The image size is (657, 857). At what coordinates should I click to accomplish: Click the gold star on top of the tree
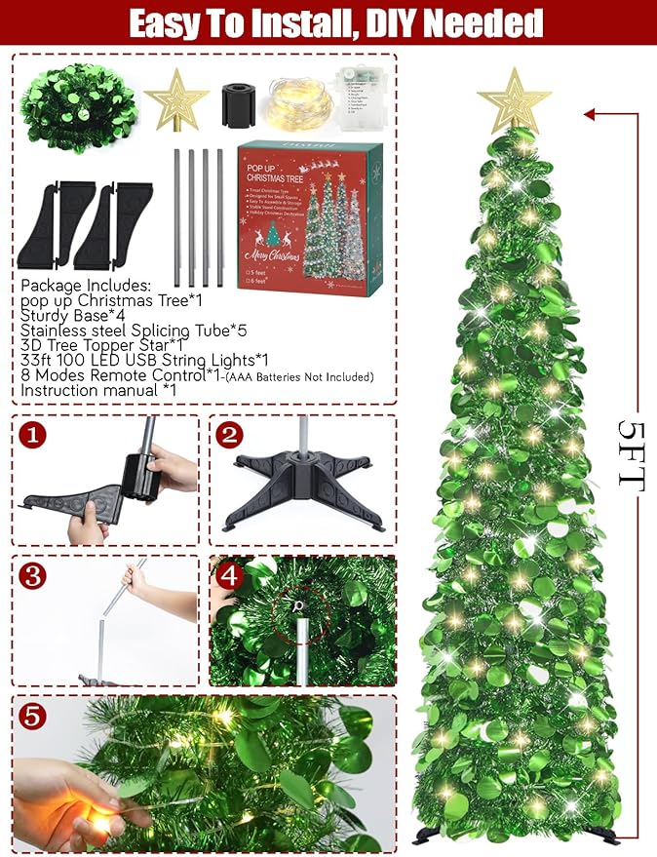[x=514, y=100]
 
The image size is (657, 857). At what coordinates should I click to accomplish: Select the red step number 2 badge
[x=229, y=435]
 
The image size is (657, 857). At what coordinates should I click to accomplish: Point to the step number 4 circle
[x=230, y=574]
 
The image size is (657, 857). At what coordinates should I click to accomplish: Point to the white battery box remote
[x=367, y=97]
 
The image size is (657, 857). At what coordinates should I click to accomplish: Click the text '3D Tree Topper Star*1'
[x=101, y=345]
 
